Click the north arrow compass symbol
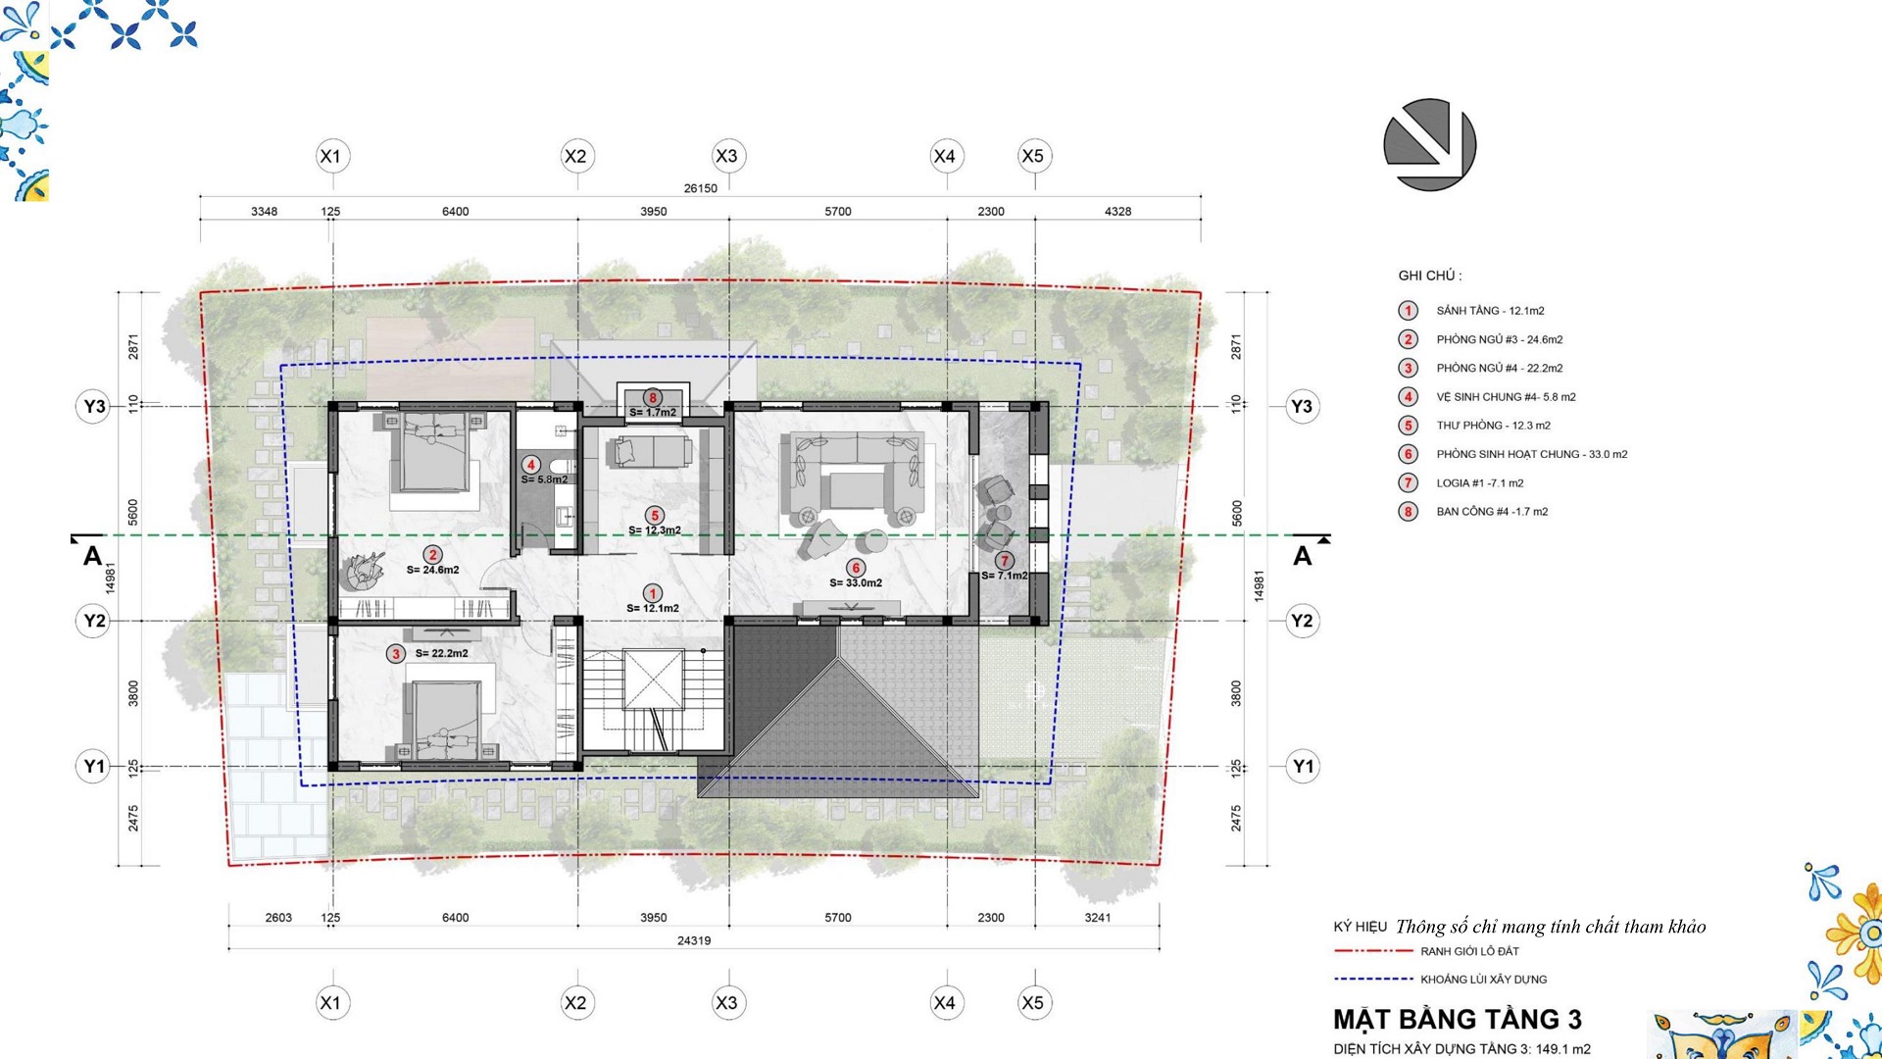coord(1429,145)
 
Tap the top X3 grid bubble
coord(726,156)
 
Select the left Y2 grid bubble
coord(94,621)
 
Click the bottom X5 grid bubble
coord(1032,1002)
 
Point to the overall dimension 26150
coord(700,188)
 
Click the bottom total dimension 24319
coord(694,940)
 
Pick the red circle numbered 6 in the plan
coord(856,568)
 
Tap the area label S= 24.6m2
coord(432,570)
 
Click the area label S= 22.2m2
coord(441,653)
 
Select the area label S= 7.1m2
coord(1005,576)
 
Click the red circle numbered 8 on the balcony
coord(652,398)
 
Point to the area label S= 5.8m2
coord(544,479)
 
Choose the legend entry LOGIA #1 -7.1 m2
coord(1480,483)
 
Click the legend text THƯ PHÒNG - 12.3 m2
coord(1494,426)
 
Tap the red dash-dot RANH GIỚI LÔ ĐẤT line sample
coord(1373,951)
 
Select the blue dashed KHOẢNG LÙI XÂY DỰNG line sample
coord(1373,979)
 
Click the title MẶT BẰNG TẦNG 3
coord(1458,1020)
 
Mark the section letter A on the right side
coord(1302,556)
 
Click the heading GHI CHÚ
coord(1429,276)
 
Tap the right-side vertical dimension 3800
coord(1236,693)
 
